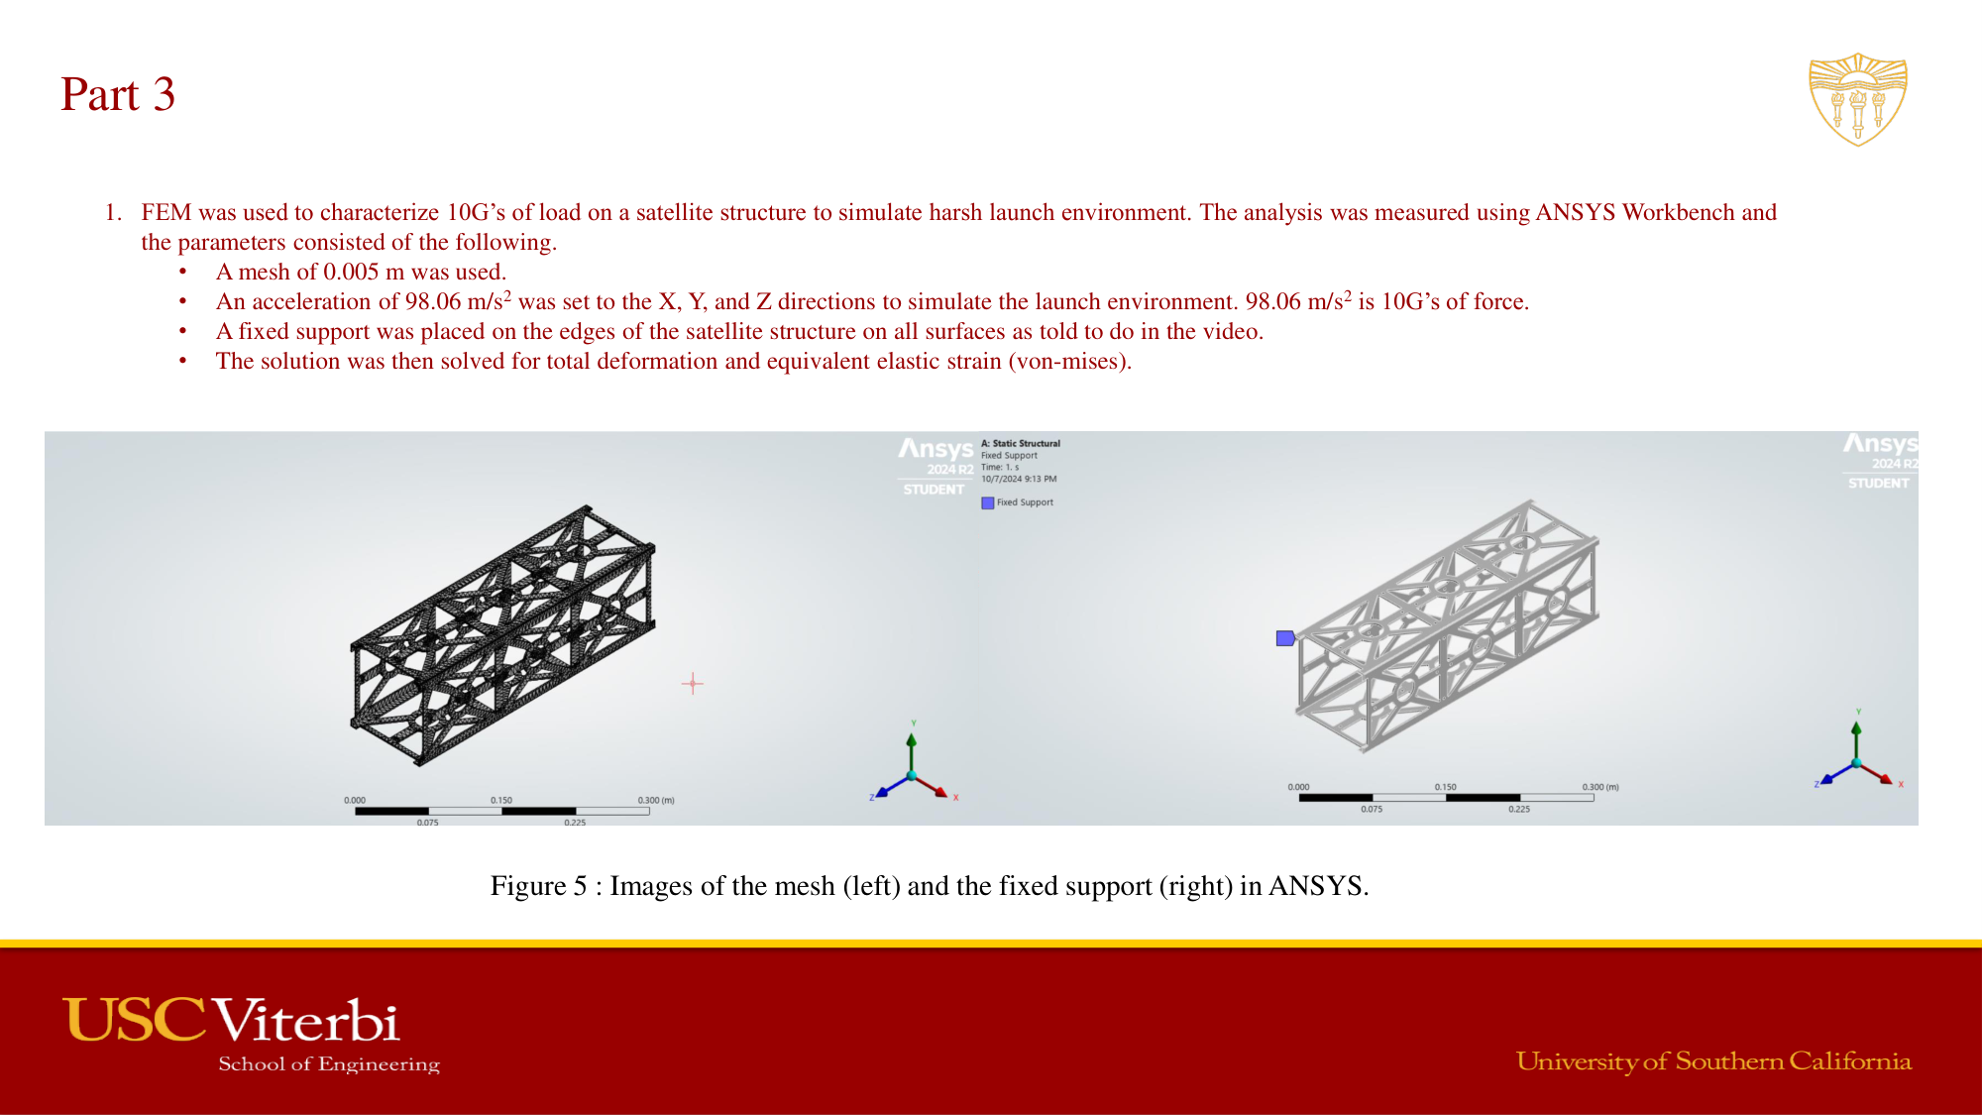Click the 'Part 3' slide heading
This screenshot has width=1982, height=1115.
click(117, 95)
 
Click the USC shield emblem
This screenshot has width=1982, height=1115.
click(1857, 99)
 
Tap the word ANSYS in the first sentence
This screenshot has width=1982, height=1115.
click(1576, 213)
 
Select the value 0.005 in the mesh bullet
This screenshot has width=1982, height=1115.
click(351, 273)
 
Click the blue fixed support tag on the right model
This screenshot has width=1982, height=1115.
click(1285, 638)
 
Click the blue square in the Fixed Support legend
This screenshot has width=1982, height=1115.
click(987, 503)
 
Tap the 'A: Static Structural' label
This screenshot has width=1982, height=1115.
click(1020, 443)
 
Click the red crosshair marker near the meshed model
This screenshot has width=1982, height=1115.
click(693, 683)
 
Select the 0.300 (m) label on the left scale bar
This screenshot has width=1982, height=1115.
click(655, 800)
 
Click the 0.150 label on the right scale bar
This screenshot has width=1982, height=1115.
click(1445, 787)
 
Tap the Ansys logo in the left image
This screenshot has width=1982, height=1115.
click(936, 449)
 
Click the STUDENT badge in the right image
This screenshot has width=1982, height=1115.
click(1878, 483)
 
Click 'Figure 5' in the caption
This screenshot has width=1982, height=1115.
click(537, 886)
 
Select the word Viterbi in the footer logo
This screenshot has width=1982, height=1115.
click(306, 1021)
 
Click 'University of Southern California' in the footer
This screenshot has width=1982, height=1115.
click(1712, 1061)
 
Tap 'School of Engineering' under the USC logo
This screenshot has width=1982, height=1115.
click(328, 1064)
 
